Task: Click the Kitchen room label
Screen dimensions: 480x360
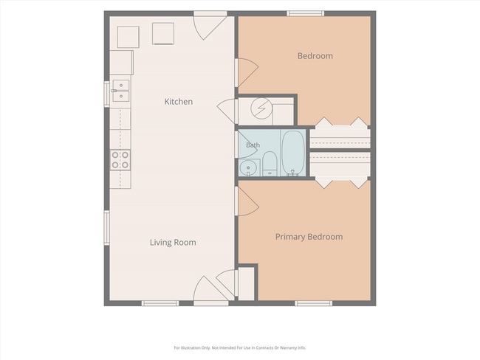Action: coord(179,102)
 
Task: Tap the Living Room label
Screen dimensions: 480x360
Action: coord(173,242)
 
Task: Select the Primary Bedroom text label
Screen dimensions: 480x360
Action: coord(309,237)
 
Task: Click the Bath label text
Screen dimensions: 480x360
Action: coord(253,145)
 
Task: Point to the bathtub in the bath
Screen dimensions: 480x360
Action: coord(293,152)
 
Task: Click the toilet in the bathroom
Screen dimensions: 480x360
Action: coord(270,164)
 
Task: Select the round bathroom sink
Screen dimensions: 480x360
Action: coord(247,168)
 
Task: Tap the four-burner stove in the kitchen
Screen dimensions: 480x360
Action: coord(120,160)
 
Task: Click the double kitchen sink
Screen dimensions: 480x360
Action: coord(120,91)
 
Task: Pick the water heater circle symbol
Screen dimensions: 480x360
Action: coord(261,108)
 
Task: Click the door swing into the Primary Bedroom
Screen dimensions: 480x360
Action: coord(248,201)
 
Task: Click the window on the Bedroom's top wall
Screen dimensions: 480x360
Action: coord(305,13)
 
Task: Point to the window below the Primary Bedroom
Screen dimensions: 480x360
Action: coord(313,303)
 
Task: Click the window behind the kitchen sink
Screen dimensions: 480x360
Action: coord(107,94)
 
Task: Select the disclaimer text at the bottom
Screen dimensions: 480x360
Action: coord(240,347)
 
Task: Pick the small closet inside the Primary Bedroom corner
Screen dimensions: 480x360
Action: coord(246,283)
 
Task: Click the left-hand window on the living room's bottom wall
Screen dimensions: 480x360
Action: coord(160,303)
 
